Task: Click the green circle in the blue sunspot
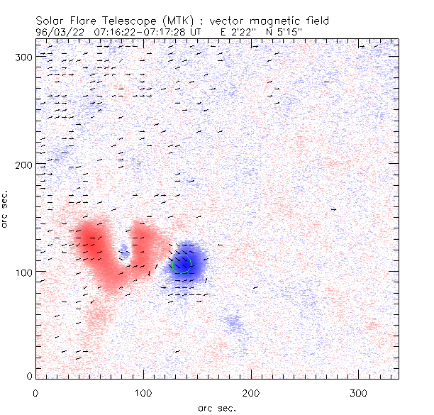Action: point(184,263)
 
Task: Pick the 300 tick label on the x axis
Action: point(360,392)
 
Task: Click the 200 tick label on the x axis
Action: point(252,392)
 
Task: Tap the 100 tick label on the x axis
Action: point(144,392)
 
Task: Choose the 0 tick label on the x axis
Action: point(36,392)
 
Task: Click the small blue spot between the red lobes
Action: point(125,250)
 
